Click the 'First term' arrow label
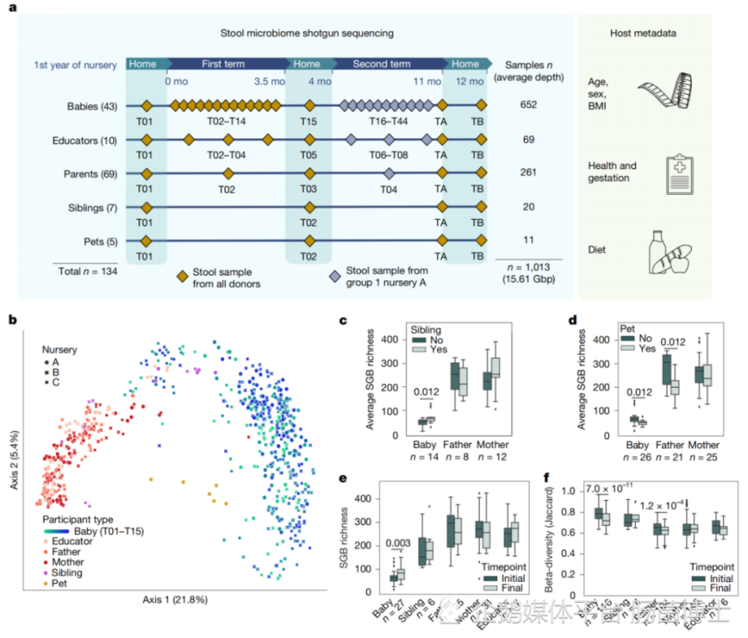223,64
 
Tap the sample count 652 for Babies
528,104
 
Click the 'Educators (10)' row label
91,140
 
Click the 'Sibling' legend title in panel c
427,330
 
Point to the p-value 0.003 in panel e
396,542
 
